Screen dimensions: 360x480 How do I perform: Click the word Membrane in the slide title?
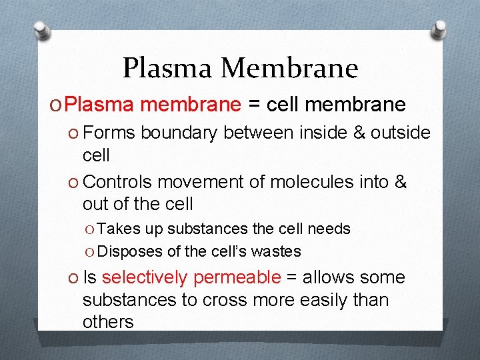click(290, 67)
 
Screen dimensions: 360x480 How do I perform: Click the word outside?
click(400, 133)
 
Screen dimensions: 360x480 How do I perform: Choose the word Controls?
click(118, 182)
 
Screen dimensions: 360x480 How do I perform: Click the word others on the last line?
click(108, 322)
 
